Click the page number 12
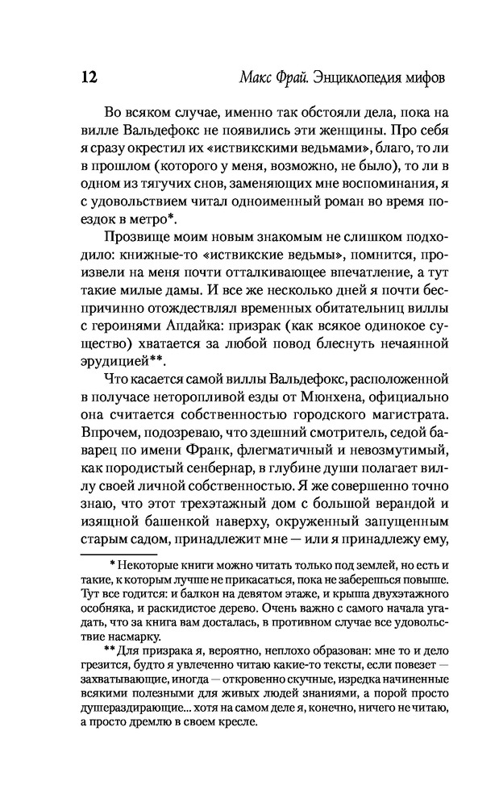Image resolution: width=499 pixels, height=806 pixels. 89,78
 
